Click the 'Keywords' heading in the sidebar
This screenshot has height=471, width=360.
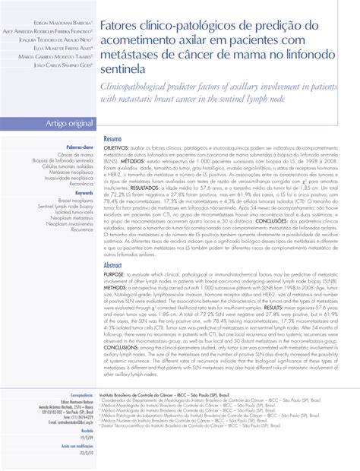(x=82, y=192)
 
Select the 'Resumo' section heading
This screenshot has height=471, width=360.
(x=112, y=140)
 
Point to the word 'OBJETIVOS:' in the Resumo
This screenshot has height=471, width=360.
(x=118, y=149)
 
